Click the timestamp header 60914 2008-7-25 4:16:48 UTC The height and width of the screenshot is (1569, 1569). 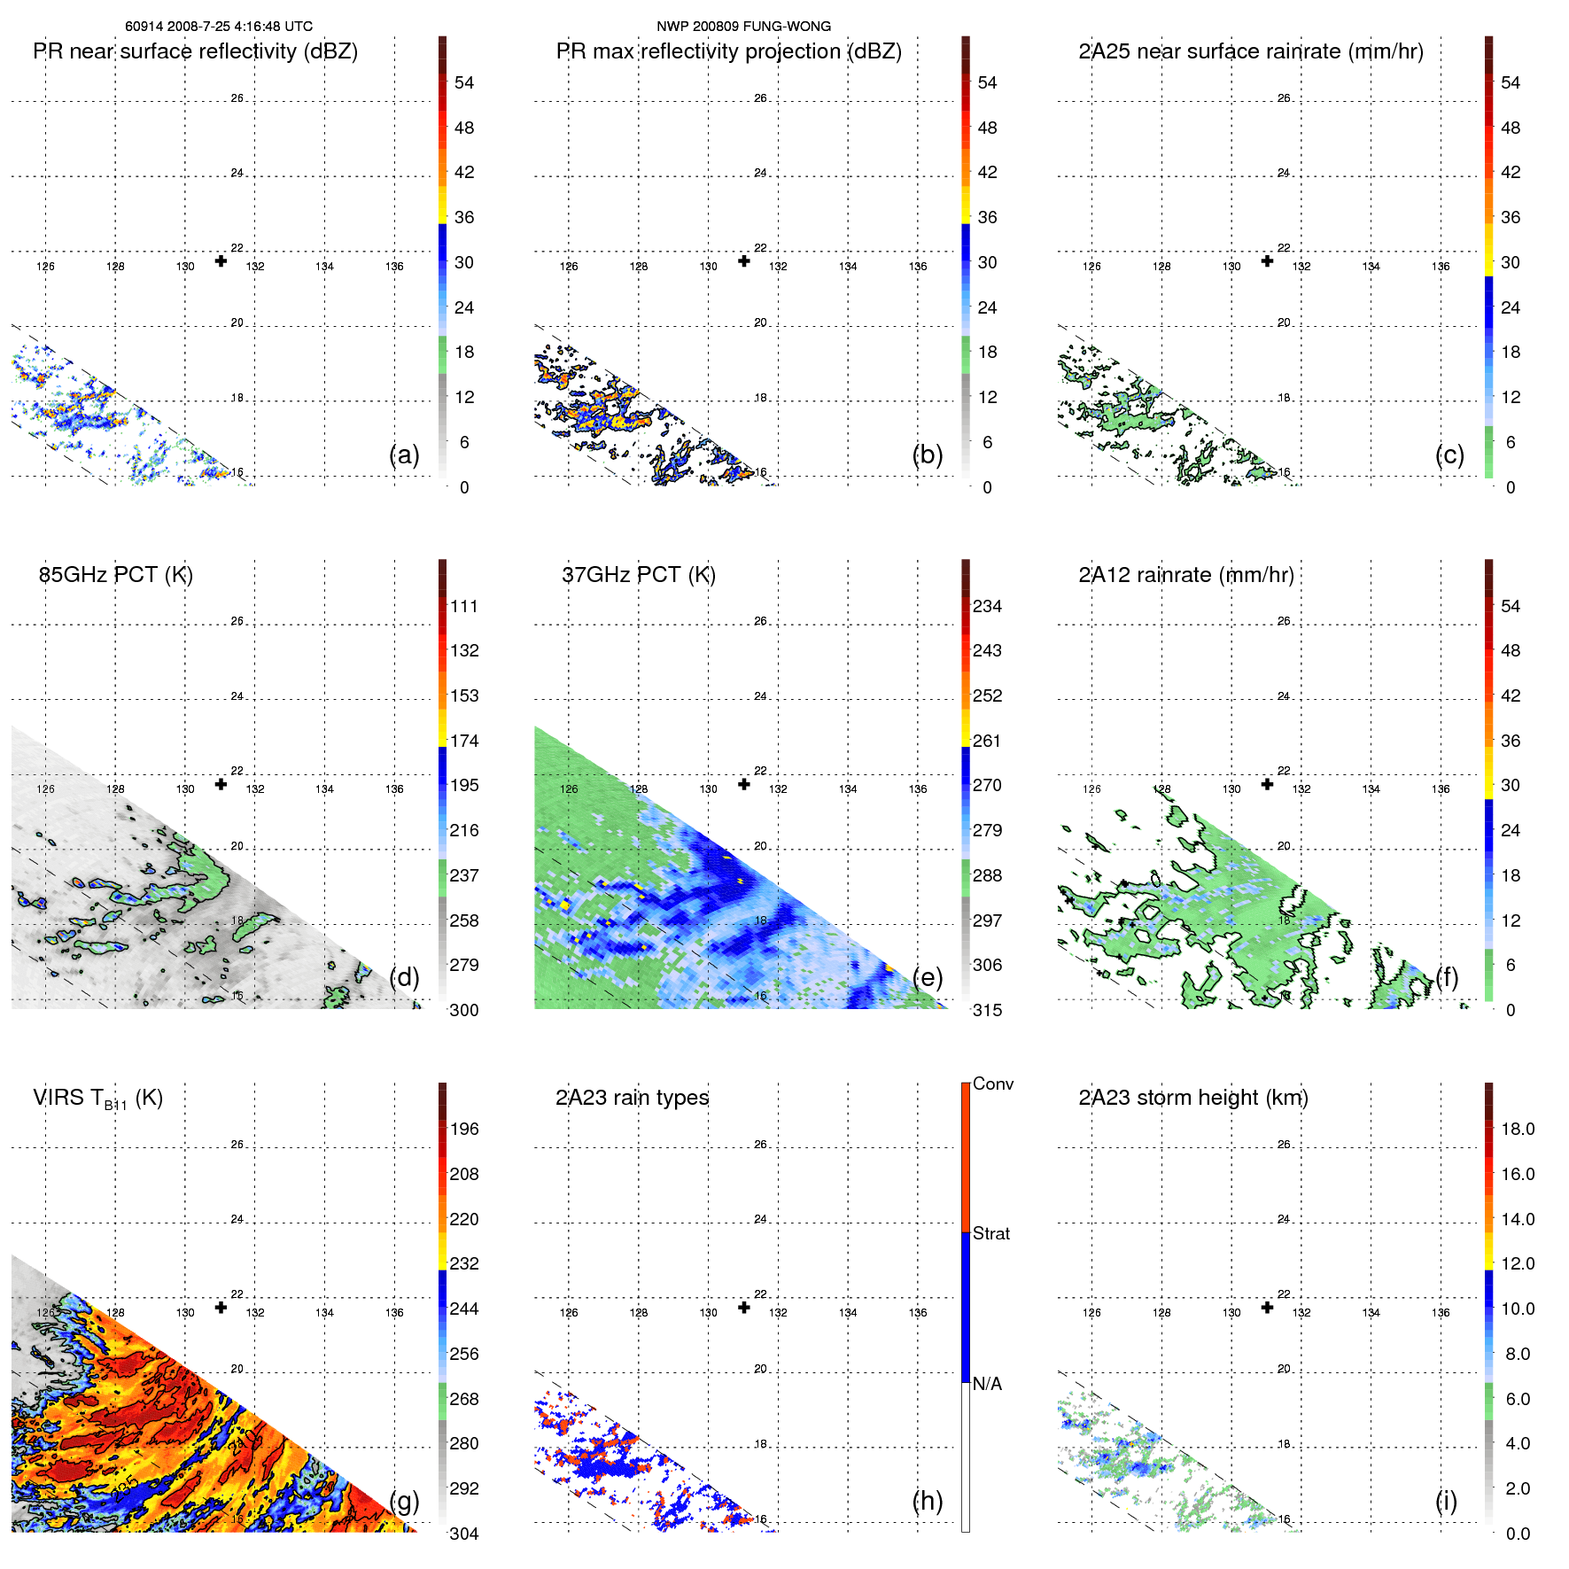[218, 27]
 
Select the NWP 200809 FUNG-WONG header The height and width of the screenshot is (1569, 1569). [743, 27]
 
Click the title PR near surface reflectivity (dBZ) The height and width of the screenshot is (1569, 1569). [195, 51]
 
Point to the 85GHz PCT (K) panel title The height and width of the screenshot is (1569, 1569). [115, 575]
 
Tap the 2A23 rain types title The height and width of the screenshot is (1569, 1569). [632, 1098]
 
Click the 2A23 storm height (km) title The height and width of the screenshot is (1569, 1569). [1192, 1098]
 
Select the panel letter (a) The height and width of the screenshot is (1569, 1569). [404, 455]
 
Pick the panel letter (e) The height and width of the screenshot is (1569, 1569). [927, 978]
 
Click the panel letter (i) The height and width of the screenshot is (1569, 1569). [1446, 1501]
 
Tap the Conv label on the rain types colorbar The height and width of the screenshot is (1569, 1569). [992, 1084]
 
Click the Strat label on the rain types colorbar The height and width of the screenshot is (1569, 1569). [990, 1233]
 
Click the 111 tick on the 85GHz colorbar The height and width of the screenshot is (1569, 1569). [463, 606]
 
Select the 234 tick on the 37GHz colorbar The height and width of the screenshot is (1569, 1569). [987, 606]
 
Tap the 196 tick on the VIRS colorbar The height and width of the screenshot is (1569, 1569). [463, 1129]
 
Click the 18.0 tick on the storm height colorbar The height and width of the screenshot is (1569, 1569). [1517, 1129]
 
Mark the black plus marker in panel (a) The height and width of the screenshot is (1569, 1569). [221, 260]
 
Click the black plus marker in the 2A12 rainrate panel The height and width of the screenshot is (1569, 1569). [1267, 784]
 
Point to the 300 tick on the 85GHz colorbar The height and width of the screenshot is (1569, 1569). [463, 1010]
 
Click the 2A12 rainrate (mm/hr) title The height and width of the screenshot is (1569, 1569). [1185, 575]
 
